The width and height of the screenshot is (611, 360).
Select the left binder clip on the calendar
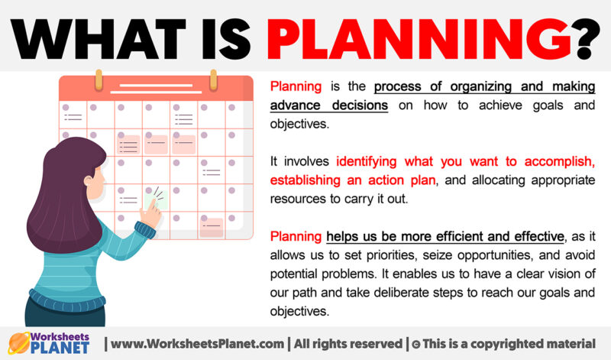(x=98, y=79)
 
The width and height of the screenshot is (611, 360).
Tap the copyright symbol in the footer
(x=415, y=340)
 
